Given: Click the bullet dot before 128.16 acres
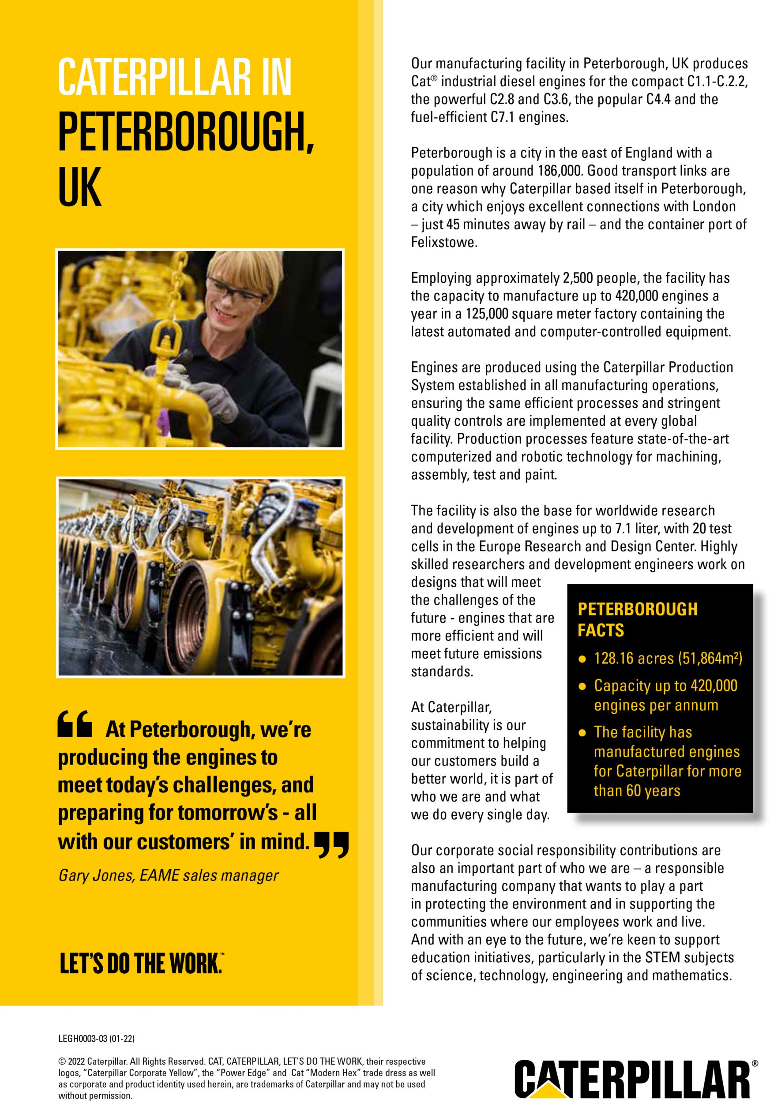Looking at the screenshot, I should click(x=582, y=660).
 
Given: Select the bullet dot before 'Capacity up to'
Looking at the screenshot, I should click(x=582, y=687).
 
